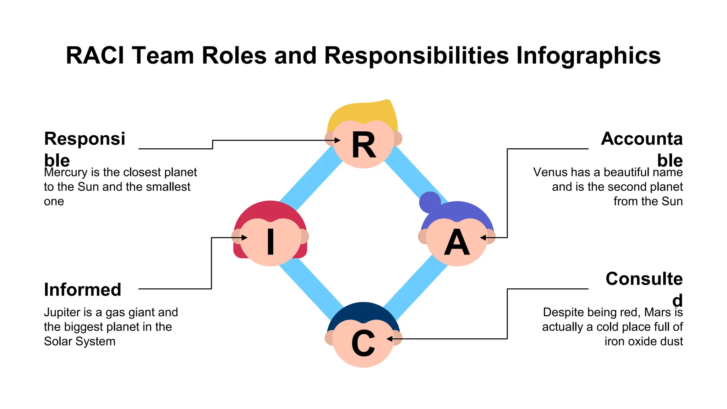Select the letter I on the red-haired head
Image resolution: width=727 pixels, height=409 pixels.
tap(270, 242)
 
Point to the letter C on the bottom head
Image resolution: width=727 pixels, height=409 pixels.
tap(363, 343)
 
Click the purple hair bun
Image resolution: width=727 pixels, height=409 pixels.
tap(430, 202)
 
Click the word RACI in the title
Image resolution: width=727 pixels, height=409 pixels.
tap(95, 56)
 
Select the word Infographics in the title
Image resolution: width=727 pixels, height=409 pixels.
tap(588, 56)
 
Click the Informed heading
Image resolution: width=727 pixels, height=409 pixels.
tap(82, 289)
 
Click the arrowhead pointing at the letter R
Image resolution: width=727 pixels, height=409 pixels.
tap(337, 141)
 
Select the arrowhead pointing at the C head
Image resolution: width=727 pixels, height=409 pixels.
tap(390, 339)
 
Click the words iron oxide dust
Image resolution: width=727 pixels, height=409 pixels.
tap(644, 342)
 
